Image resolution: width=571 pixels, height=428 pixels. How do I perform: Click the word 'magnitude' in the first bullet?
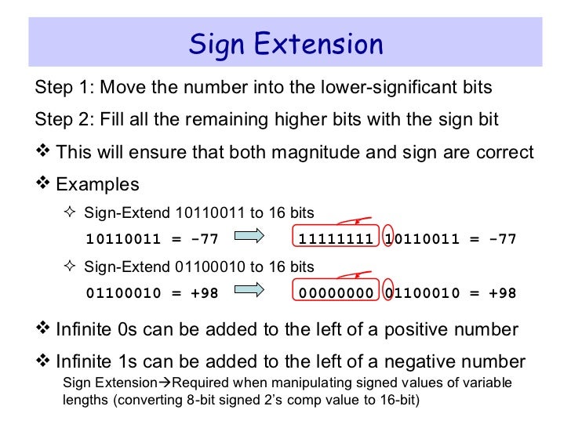point(310,151)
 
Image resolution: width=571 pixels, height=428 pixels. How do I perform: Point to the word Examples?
point(99,184)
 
